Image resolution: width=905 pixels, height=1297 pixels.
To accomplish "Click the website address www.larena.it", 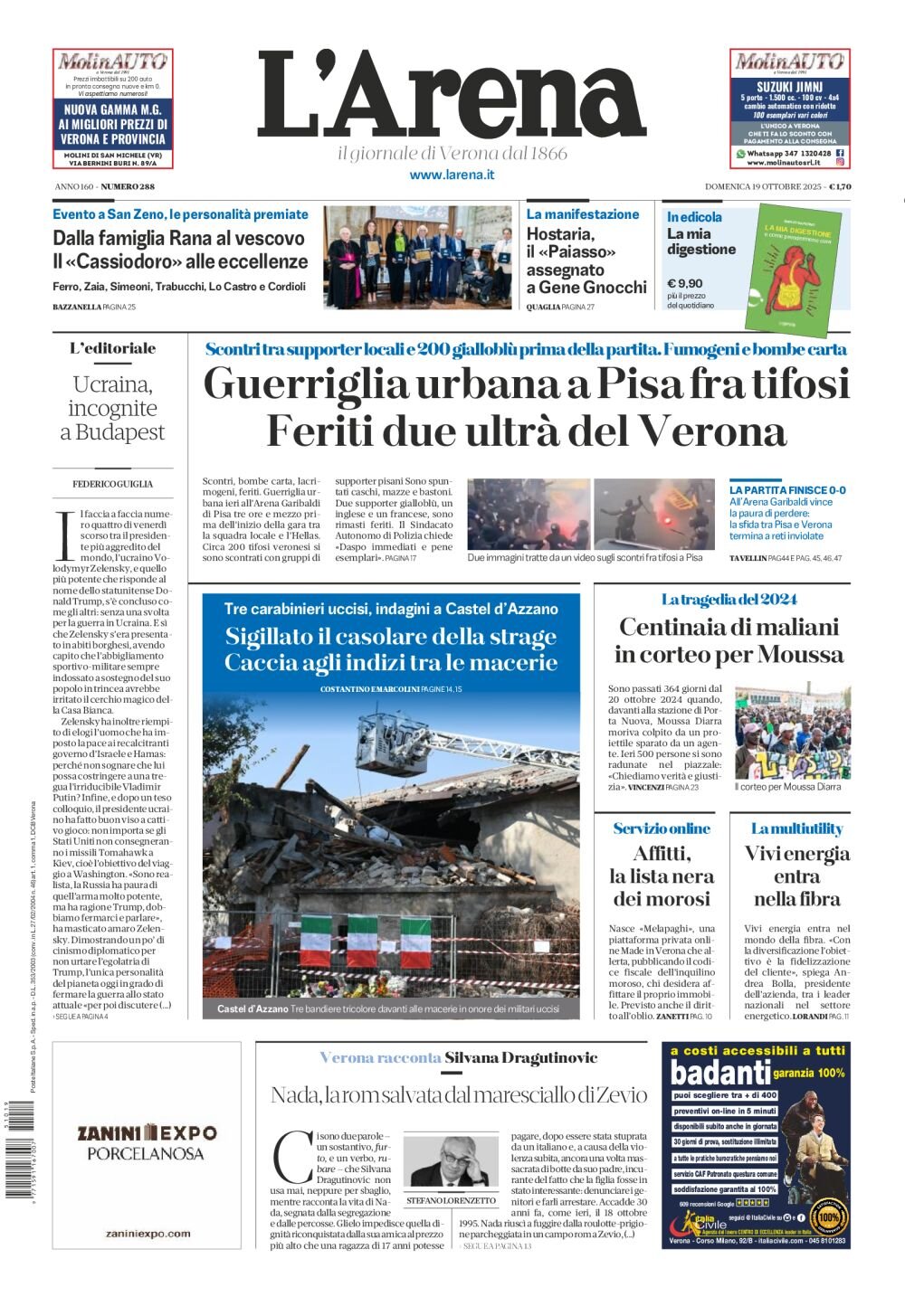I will point(452,175).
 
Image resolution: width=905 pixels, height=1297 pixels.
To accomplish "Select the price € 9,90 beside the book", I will point(685,283).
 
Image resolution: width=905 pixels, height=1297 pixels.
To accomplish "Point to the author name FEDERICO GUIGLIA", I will point(113,484).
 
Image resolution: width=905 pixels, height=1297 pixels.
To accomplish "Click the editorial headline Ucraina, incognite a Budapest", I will point(113,408).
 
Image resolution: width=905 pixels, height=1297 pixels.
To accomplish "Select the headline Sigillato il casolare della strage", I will point(391,636).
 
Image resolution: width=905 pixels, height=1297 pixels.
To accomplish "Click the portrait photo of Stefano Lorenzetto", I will point(451,1162).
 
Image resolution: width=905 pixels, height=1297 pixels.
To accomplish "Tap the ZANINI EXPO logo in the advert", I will point(147,1132).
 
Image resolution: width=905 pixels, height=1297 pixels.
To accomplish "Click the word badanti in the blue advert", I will point(719,1073).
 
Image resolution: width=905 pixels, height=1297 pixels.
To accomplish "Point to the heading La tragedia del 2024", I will point(729,599).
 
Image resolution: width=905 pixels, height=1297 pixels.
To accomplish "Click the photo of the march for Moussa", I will point(792,731).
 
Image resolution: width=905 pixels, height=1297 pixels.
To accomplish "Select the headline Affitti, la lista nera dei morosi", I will point(662,876).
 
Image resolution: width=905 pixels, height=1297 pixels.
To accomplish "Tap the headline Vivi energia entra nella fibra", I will point(796,876).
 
